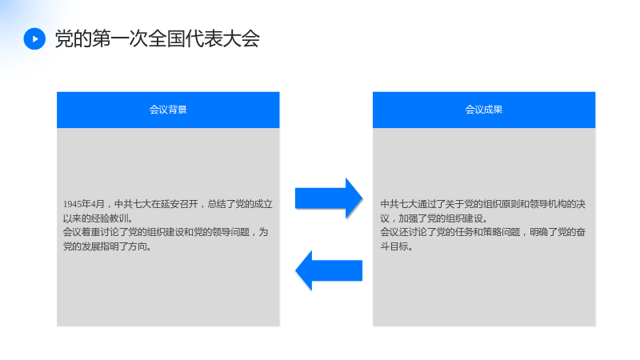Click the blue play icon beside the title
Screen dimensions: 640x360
34,38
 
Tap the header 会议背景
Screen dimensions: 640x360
168,110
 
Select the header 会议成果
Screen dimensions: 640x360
484,110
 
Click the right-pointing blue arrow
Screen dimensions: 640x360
329,198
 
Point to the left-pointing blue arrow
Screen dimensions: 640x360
329,270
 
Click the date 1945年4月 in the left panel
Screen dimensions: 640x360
84,204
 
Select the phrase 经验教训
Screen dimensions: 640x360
110,218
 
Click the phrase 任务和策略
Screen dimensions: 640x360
497,232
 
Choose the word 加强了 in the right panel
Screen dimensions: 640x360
413,218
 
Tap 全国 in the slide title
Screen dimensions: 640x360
166,39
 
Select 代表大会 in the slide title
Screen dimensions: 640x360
222,39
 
